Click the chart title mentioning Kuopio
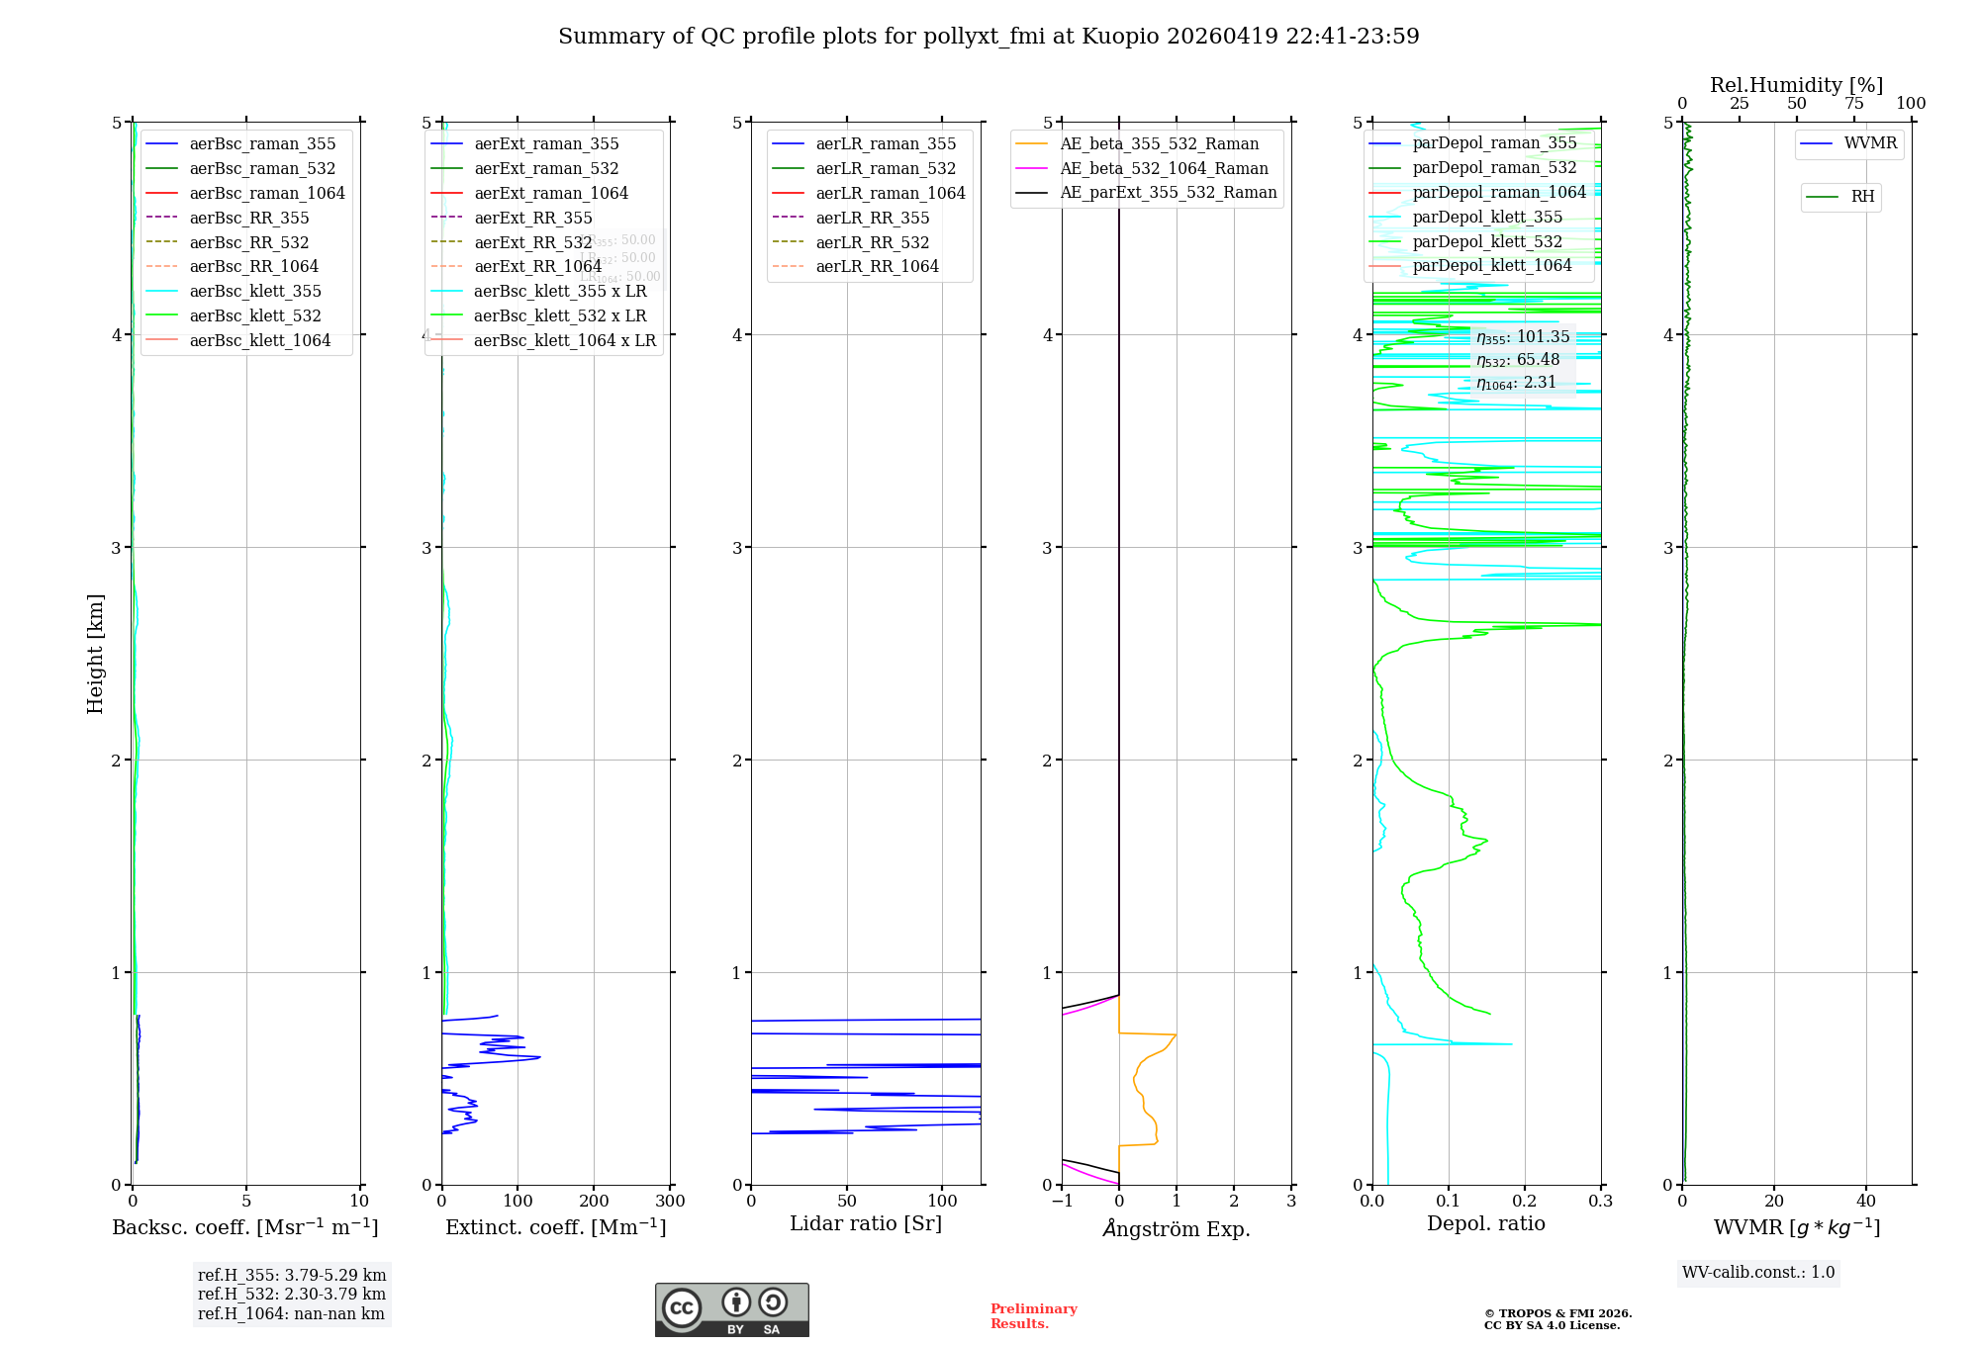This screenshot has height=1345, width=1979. point(989,37)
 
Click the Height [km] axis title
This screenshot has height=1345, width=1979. point(95,654)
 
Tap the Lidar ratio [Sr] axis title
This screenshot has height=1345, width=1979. point(866,1223)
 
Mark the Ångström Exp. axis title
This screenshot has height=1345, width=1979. point(1177,1228)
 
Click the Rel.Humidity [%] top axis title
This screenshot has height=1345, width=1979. point(1796,85)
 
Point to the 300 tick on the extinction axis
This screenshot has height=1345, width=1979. point(670,1202)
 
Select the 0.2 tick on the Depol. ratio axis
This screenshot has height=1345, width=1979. point(1525,1202)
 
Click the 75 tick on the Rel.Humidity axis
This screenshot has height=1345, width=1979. point(1853,104)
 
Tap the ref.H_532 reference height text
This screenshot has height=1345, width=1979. point(291,1294)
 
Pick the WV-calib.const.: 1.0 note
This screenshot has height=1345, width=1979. point(1758,1273)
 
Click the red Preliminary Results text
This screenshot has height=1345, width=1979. point(1033,1316)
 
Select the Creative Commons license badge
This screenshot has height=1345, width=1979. point(731,1309)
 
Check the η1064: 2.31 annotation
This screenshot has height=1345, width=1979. point(1516,383)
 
